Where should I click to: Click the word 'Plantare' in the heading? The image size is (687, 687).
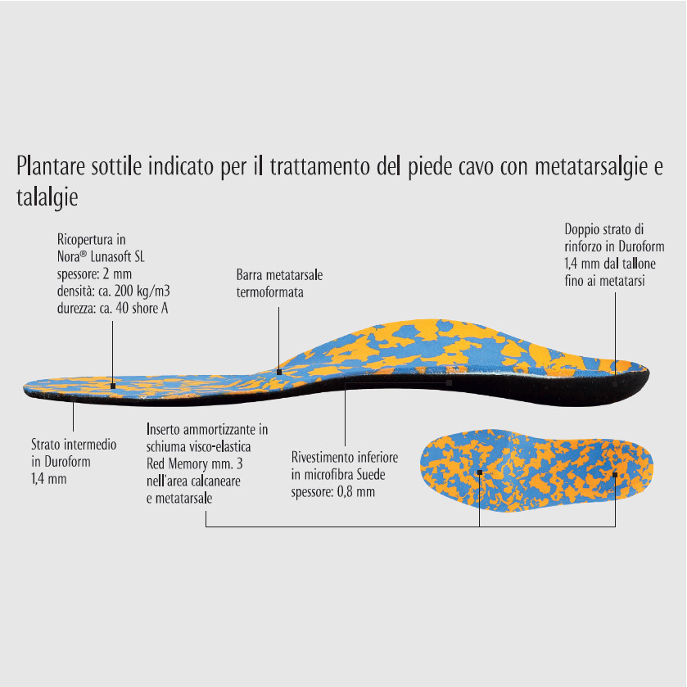(51, 166)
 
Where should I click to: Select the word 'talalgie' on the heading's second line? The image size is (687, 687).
(47, 197)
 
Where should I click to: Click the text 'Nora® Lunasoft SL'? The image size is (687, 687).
(101, 257)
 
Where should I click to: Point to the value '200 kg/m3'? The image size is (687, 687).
(142, 291)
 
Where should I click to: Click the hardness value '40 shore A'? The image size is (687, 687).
(142, 308)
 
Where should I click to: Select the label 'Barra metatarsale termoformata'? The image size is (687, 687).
(279, 283)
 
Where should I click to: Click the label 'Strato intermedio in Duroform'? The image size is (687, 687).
(74, 453)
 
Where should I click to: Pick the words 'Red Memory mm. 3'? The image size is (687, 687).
(195, 463)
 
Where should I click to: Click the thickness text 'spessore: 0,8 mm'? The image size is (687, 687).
(333, 491)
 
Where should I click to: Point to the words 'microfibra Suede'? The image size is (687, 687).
(345, 474)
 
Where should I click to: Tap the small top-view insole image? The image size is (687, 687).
(536, 470)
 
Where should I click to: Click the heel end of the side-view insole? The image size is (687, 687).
(649, 374)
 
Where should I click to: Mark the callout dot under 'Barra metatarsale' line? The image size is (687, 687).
(279, 373)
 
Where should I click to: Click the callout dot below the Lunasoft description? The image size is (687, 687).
(113, 386)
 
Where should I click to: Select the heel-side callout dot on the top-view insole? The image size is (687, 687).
(615, 474)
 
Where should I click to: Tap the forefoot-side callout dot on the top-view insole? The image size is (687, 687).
(480, 472)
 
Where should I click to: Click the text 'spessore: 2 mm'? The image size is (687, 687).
(94, 273)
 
